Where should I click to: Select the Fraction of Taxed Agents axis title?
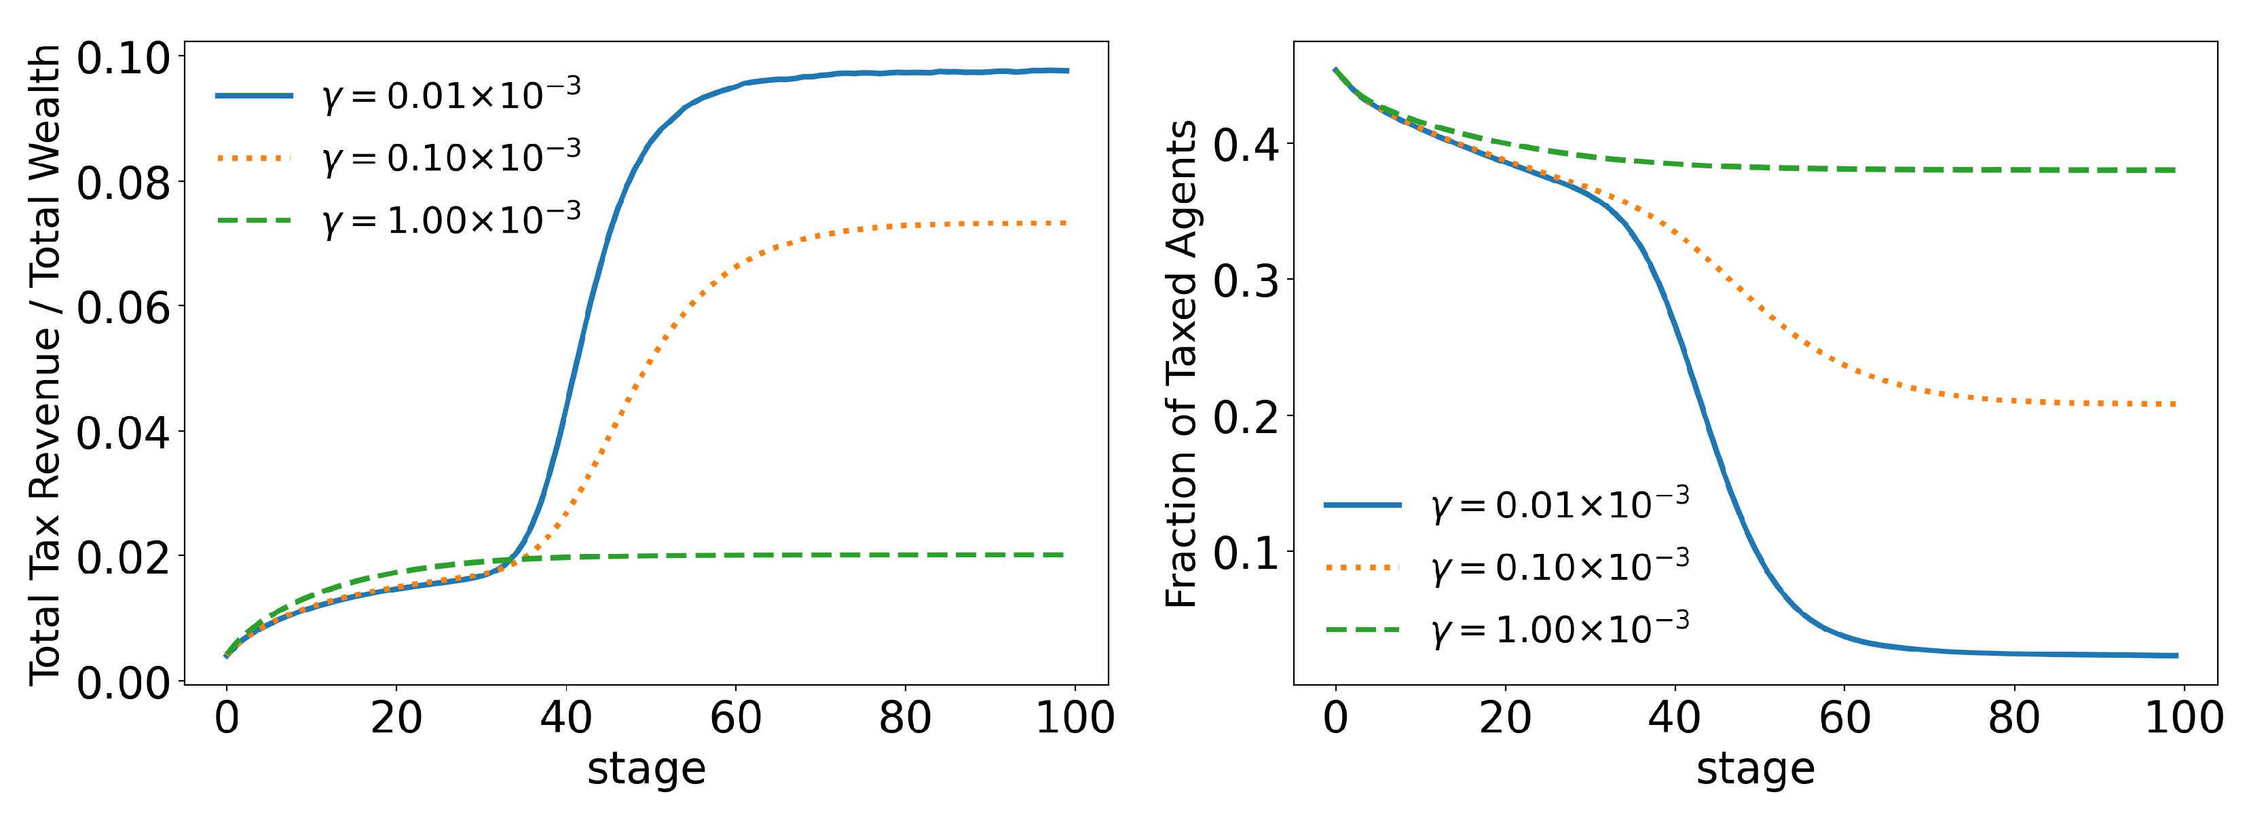click(1181, 365)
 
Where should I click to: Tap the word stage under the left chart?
click(646, 769)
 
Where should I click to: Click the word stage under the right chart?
click(1755, 769)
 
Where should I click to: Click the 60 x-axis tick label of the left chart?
click(735, 718)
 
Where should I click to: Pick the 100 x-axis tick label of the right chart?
click(2183, 718)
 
